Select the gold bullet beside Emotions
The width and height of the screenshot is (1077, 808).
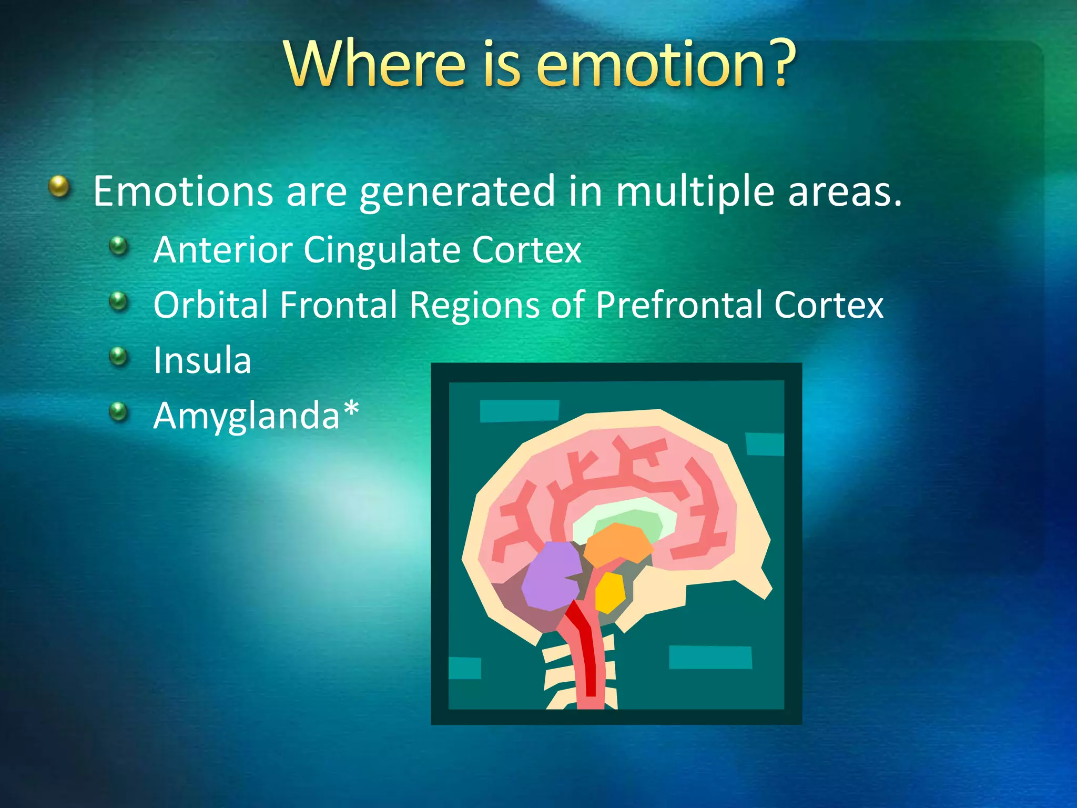pos(59,186)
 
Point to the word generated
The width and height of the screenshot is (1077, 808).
pos(457,192)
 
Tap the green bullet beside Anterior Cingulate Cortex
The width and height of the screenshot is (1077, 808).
pos(119,245)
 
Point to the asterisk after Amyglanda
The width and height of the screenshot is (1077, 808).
pos(351,408)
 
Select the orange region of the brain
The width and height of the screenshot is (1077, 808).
pos(618,544)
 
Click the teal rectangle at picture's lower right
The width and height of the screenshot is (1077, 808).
pos(710,657)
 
